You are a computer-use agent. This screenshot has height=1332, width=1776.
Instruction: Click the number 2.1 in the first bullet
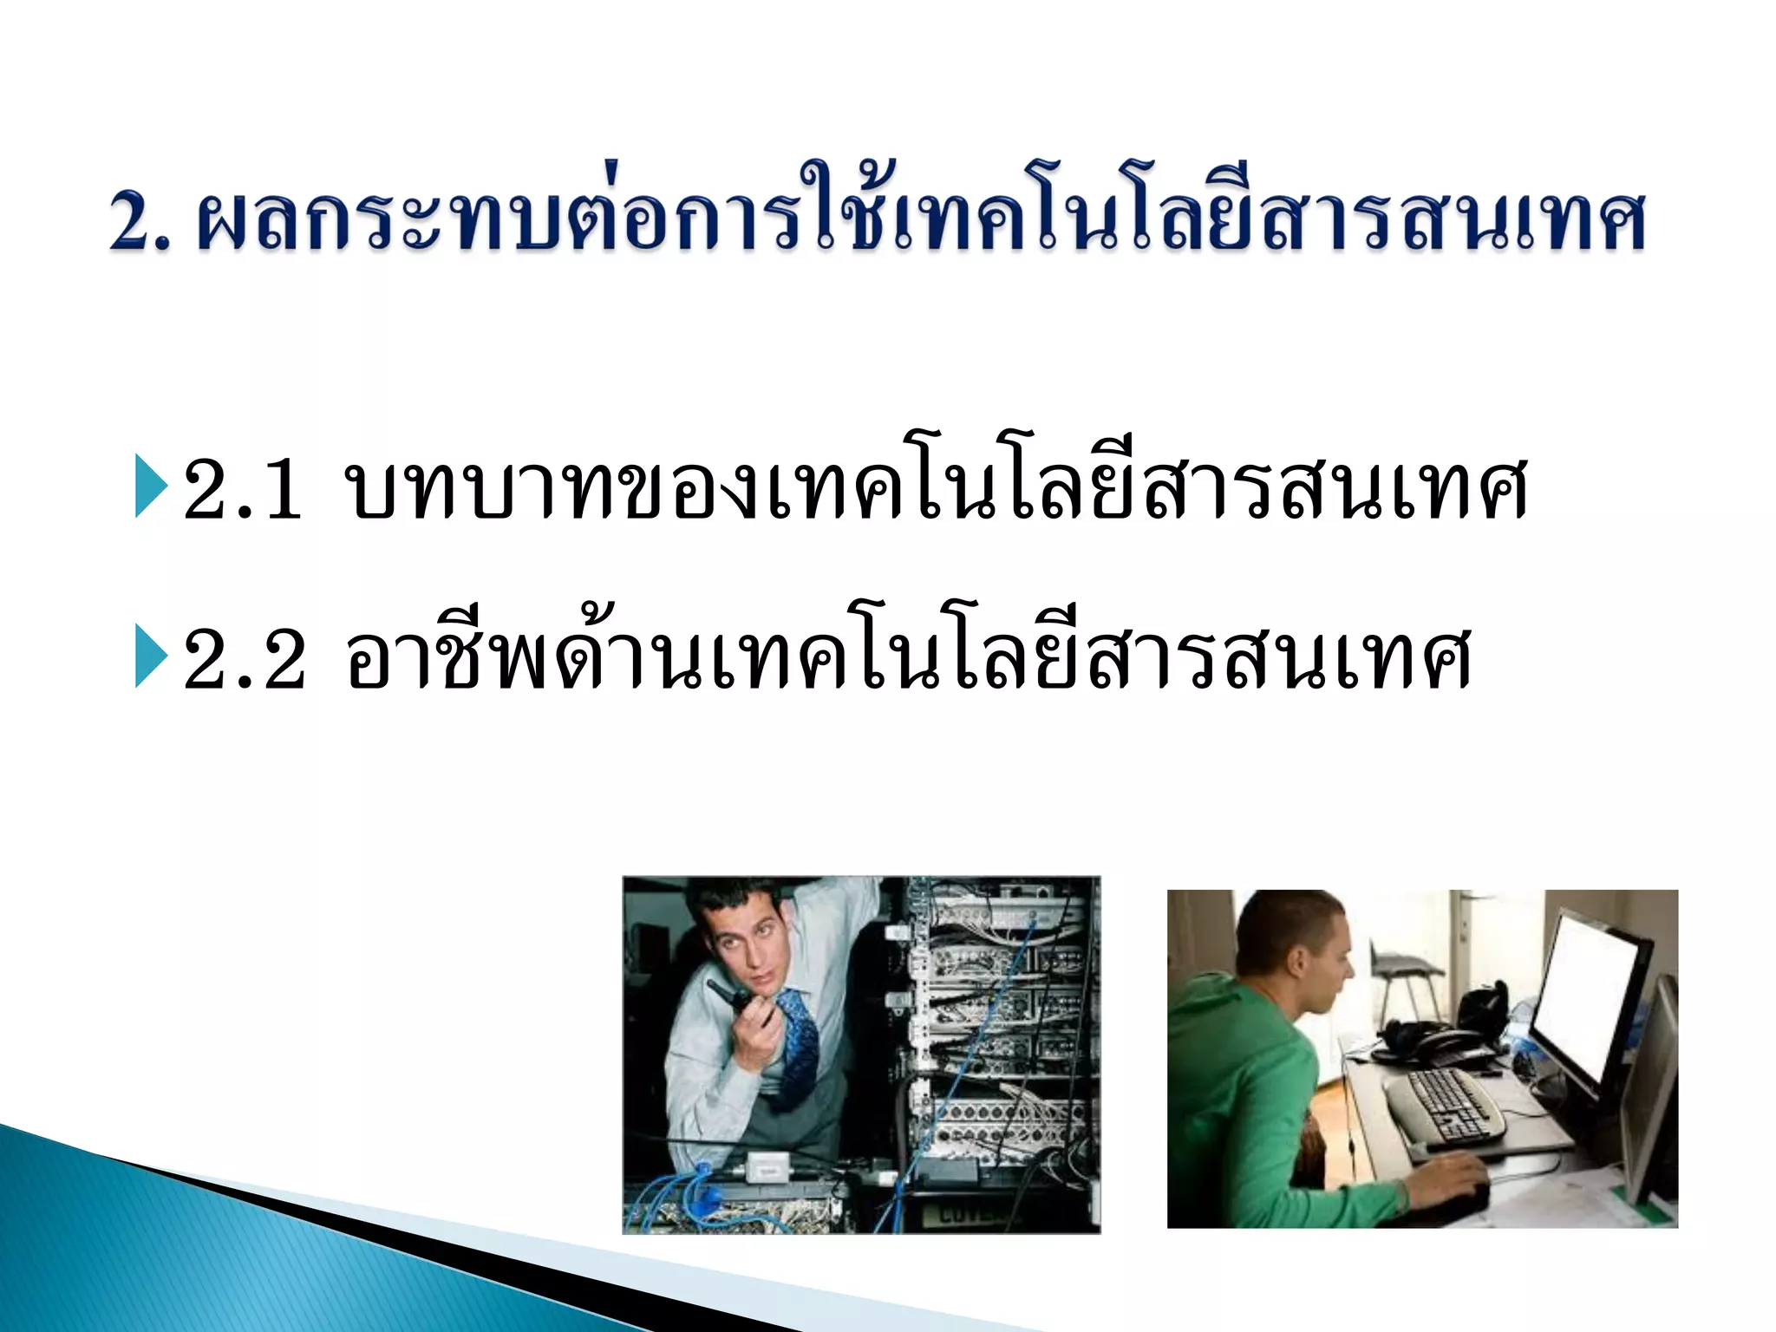click(243, 490)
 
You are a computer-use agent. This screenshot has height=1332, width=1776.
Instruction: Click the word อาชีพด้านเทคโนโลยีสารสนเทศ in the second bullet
click(906, 659)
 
